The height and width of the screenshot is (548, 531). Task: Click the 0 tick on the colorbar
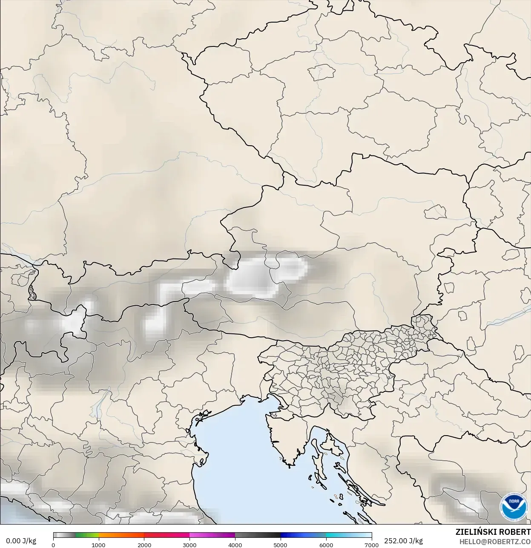(x=53, y=545)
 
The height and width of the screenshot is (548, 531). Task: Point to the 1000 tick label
(x=98, y=545)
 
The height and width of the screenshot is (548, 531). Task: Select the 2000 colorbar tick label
(x=144, y=545)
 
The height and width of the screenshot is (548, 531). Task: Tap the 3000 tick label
(x=189, y=545)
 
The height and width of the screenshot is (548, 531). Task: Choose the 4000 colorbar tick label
(x=235, y=545)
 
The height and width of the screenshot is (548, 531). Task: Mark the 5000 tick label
(x=280, y=545)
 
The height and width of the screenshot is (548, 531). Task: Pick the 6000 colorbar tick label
(x=326, y=545)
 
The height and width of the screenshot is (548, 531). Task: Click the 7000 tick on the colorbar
(x=372, y=545)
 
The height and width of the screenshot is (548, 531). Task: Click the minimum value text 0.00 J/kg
(x=21, y=541)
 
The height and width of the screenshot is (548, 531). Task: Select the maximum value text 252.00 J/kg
(x=403, y=541)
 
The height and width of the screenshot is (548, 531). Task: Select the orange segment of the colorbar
(x=121, y=536)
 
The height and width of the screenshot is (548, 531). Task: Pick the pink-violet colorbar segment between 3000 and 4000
(x=212, y=536)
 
